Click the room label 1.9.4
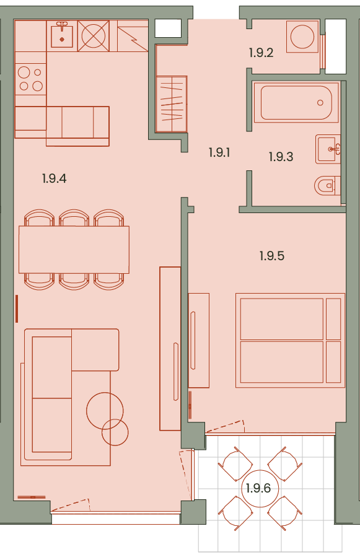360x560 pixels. (x=54, y=178)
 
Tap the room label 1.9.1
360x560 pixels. (x=219, y=152)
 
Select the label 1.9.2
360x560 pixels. (x=261, y=53)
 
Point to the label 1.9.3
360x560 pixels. (x=281, y=157)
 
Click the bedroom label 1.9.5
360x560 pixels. (x=272, y=256)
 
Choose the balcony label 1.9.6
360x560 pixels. (x=258, y=488)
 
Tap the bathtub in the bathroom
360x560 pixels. (x=296, y=102)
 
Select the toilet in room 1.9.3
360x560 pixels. (x=327, y=185)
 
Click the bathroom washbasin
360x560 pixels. (x=328, y=149)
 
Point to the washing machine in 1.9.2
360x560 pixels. (x=302, y=36)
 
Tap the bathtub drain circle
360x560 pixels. (x=320, y=103)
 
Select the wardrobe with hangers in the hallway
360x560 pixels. (x=172, y=104)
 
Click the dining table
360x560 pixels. (x=74, y=249)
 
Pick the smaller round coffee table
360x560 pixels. (x=115, y=432)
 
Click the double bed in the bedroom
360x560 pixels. (x=290, y=340)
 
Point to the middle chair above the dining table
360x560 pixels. (x=74, y=218)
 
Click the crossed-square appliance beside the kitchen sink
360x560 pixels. (x=94, y=36)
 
